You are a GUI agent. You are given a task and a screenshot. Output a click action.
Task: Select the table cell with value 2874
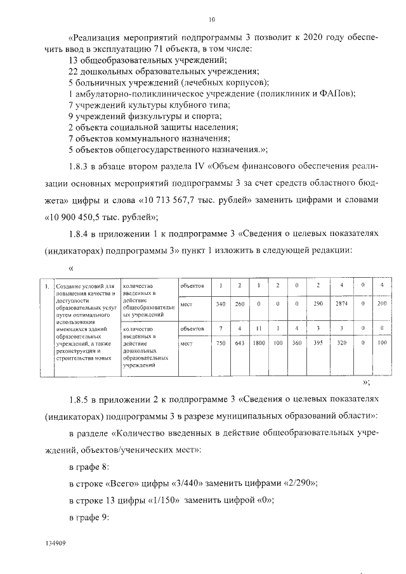342,304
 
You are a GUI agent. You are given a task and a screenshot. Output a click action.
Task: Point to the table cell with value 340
220,304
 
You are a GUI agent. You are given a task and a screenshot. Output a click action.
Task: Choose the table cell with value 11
259,329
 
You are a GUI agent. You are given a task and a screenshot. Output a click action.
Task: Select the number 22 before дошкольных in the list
72,72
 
